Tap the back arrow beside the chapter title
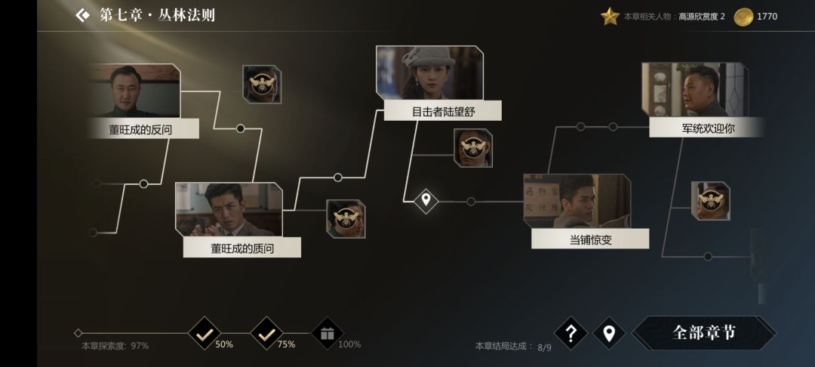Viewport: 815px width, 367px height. coord(83,15)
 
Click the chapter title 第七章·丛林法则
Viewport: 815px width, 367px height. coord(157,15)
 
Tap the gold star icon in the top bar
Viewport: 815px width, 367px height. coord(610,17)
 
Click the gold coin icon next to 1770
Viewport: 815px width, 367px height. coord(743,17)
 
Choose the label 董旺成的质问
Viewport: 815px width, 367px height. coord(241,248)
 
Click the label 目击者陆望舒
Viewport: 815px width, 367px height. coord(443,111)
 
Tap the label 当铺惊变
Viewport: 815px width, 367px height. coord(590,239)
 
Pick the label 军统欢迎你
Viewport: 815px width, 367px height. coord(708,128)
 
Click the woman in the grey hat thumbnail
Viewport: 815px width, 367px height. coord(429,72)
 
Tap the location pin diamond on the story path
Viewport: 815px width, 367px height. coord(426,200)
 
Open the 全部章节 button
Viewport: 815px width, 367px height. coord(704,333)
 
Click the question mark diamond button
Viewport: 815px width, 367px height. coord(570,333)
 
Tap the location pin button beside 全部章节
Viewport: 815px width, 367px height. coord(609,333)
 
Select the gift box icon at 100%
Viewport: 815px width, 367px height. coord(327,334)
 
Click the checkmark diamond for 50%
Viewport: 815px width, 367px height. coord(205,334)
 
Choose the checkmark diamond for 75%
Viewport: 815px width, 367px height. coord(266,334)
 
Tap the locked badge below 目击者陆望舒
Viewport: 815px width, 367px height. coord(473,148)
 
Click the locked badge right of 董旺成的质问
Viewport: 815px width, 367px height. coord(346,219)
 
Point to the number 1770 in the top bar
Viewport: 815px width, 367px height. coord(767,17)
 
